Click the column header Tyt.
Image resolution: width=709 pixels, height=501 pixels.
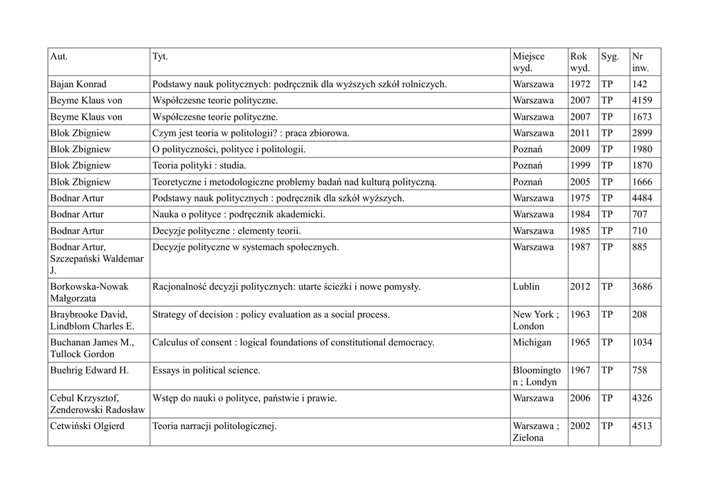[x=160, y=56]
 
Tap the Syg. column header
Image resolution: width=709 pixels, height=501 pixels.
[x=610, y=56]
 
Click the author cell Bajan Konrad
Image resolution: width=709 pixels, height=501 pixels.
[x=78, y=84]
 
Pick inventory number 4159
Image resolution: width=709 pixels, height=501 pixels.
[x=642, y=100]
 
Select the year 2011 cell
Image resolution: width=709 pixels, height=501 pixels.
[x=580, y=133]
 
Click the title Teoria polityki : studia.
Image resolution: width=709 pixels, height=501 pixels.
[x=199, y=165]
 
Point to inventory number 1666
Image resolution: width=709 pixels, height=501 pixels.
[x=642, y=182]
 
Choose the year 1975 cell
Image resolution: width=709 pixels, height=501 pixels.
[x=580, y=198]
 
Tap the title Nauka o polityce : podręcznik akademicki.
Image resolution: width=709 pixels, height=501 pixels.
[x=238, y=215]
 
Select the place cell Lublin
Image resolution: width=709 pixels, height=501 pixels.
[x=526, y=286]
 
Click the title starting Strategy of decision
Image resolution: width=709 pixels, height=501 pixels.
[x=271, y=314]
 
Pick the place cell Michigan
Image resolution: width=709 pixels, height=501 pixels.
[x=532, y=343]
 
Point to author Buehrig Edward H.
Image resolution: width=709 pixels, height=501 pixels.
[x=89, y=370]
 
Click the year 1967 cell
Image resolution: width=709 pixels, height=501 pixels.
[x=580, y=370]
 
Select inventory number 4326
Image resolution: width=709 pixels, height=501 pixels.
[x=642, y=399]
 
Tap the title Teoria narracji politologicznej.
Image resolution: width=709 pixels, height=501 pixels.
[x=214, y=426]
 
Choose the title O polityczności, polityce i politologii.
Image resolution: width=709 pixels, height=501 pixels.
[x=228, y=149]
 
